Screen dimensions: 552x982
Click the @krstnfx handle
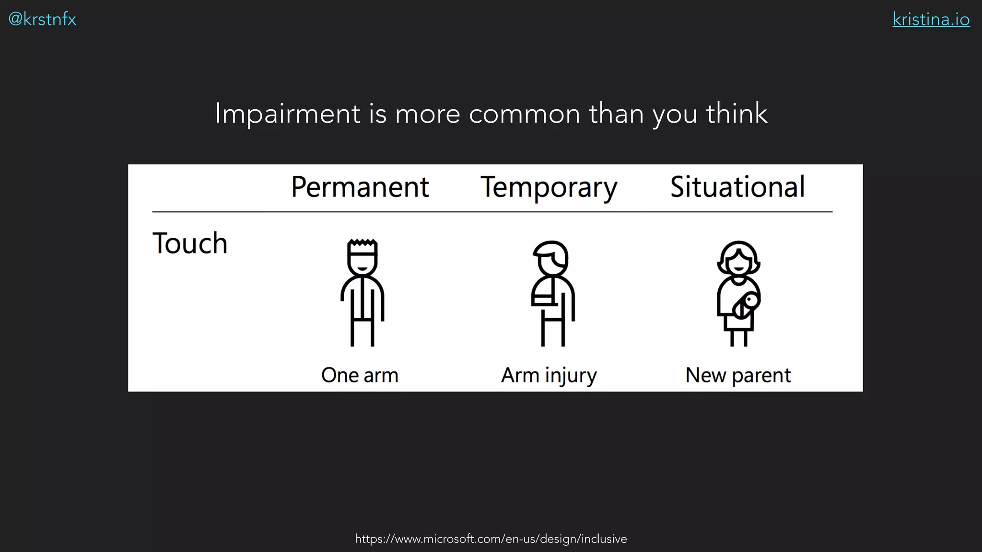[42, 19]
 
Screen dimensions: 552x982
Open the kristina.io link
[931, 19]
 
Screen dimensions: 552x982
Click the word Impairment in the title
[287, 114]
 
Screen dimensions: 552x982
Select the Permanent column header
[360, 187]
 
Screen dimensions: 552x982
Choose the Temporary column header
[549, 187]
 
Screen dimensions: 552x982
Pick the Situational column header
[737, 187]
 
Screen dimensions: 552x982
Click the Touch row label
[190, 243]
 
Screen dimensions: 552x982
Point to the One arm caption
[360, 375]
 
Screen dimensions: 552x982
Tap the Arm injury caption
[549, 375]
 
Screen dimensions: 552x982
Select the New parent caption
[738, 375]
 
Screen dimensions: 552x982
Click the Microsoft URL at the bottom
[491, 539]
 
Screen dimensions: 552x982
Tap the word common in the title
[525, 114]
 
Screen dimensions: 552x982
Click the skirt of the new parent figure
[738, 323]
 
